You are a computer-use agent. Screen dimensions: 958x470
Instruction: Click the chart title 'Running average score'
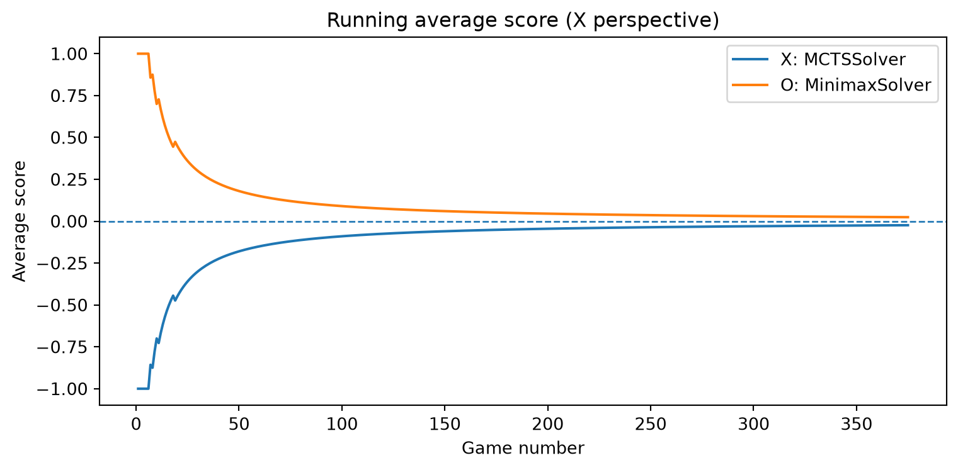coord(443,20)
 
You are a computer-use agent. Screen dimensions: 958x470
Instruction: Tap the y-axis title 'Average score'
coord(20,221)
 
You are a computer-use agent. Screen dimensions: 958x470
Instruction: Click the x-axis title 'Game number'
coord(523,448)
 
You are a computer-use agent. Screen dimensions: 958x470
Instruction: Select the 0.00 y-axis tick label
coord(69,221)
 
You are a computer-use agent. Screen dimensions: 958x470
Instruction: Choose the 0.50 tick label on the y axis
coord(69,138)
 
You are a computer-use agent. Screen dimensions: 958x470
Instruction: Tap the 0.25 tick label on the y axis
coord(69,180)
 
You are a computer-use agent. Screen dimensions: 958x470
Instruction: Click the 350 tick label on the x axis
coord(856,424)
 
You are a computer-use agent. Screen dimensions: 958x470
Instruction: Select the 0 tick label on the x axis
coord(136,424)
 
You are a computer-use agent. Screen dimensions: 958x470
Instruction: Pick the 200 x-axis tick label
coord(547,424)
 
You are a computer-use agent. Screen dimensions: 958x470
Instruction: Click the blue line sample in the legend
coord(750,59)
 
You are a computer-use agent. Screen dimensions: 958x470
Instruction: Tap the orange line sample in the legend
coord(750,85)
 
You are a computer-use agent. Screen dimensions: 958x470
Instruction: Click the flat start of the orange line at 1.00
coord(143,53)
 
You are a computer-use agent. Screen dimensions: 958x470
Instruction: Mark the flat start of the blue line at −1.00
coord(143,389)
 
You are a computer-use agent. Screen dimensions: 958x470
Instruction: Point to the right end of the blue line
coord(908,225)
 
